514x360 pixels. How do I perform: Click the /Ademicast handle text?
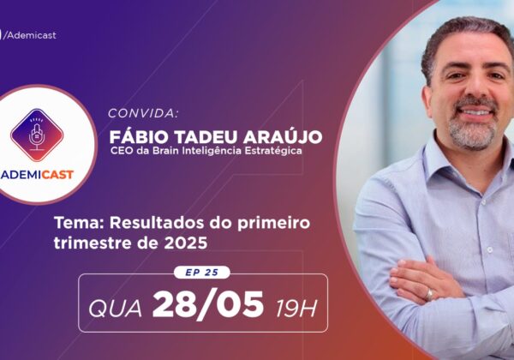point(29,35)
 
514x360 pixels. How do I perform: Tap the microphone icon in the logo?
point(36,135)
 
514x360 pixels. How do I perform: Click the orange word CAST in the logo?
point(57,175)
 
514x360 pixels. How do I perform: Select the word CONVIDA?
point(143,113)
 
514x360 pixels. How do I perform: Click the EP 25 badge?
point(201,273)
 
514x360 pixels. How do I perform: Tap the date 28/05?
point(208,305)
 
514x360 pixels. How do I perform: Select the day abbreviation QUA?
point(115,309)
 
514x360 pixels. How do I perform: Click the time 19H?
point(296,309)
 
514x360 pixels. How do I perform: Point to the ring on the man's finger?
point(429,294)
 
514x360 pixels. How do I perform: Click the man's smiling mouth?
point(476,111)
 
